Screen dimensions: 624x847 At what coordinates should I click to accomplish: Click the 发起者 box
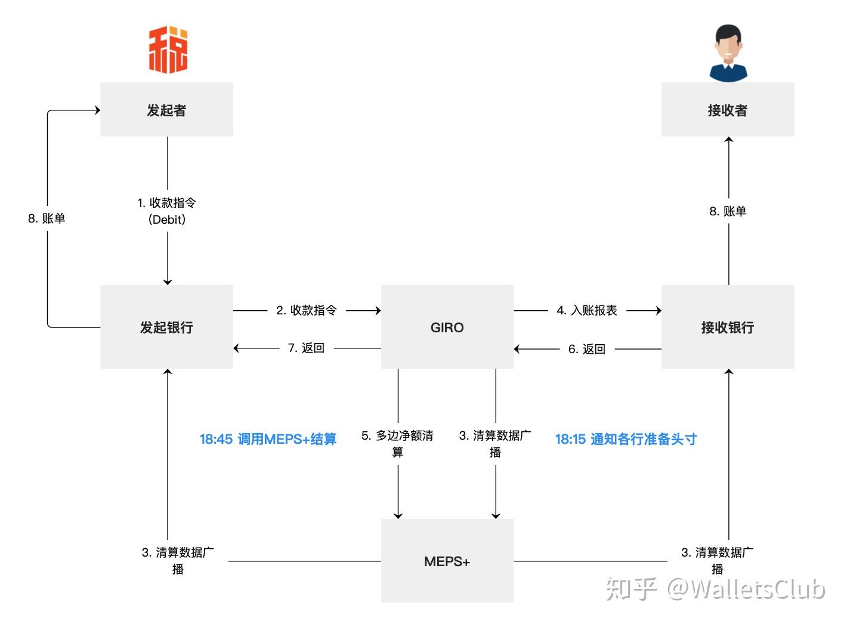166,110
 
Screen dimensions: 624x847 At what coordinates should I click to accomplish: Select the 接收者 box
727,110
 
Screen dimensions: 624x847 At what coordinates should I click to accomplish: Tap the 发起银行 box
166,327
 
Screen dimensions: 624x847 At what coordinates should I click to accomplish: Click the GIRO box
447,327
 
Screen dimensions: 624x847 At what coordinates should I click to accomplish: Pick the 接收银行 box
727,327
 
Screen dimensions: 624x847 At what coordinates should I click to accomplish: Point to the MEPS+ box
447,561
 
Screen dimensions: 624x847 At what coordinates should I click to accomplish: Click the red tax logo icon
168,50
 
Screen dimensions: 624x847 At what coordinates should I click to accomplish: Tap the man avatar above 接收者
728,52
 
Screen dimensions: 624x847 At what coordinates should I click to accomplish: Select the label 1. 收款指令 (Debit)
167,211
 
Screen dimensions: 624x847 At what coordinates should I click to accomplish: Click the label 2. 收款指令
307,310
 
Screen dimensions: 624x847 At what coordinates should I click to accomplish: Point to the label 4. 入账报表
587,310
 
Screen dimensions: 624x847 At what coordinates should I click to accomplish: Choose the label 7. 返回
306,348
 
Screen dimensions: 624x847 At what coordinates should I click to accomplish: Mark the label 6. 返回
587,349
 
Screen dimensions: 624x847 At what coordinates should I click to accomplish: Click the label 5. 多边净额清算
397,443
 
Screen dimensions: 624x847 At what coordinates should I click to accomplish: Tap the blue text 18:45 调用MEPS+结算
268,439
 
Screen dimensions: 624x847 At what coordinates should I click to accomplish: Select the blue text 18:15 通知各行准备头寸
626,439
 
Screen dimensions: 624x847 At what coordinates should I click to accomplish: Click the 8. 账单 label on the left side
47,218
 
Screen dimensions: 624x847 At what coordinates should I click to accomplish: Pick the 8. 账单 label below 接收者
728,211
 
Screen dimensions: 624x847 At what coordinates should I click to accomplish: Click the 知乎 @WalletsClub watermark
715,589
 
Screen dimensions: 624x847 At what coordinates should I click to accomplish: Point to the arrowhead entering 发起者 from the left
96,110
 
